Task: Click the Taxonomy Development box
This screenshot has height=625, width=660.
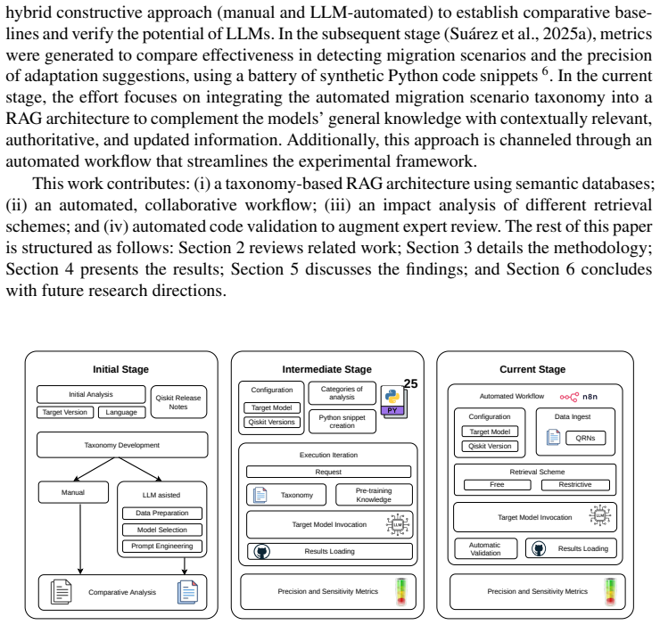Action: (122, 445)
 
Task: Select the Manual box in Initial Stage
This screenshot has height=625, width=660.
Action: (73, 492)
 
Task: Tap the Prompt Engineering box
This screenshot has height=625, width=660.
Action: (162, 546)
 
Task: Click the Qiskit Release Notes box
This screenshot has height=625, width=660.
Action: (178, 402)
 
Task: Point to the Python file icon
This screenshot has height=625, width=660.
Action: (393, 401)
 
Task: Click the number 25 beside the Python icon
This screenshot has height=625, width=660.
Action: (410, 383)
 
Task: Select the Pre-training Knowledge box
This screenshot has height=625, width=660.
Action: (374, 495)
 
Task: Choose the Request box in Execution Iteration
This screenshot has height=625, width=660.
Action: (328, 472)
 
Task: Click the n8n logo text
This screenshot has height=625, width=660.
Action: (590, 397)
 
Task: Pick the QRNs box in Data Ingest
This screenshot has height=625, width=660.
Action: (585, 438)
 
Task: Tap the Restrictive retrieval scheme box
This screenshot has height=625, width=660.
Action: (575, 485)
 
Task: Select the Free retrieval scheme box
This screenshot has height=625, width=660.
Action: (497, 485)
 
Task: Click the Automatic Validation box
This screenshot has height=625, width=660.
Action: (486, 549)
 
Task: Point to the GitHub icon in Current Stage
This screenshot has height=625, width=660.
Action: (539, 548)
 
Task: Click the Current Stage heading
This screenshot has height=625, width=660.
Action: (532, 369)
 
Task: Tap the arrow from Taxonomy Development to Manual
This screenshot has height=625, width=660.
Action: (95, 469)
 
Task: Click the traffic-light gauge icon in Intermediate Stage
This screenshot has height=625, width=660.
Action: (401, 592)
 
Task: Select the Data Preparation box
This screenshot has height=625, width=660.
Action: (162, 513)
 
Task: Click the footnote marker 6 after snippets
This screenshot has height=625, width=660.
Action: (545, 70)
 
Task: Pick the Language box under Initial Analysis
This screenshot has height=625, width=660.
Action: (121, 413)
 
